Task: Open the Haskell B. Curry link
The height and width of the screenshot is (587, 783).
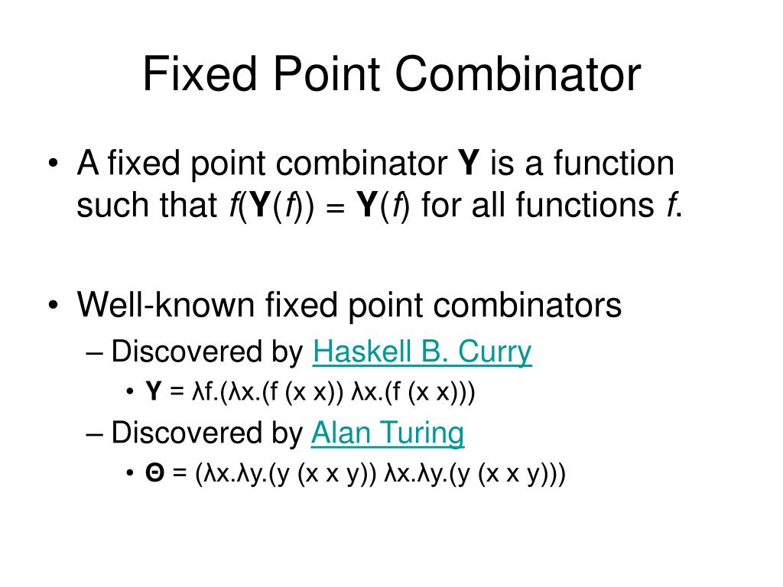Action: [x=422, y=352]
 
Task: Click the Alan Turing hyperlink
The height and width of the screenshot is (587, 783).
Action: [x=388, y=433]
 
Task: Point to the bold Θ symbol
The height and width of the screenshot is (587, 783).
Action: [x=155, y=474]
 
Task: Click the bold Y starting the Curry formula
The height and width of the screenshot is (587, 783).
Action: [x=154, y=392]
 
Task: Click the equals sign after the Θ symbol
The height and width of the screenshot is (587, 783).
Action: [x=180, y=475]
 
